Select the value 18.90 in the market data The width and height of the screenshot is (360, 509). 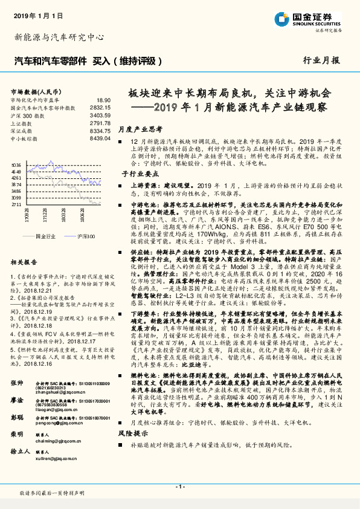104,100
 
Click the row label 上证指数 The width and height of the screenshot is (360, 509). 22,122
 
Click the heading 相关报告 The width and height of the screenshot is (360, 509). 24,262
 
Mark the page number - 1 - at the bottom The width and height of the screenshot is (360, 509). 179,487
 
